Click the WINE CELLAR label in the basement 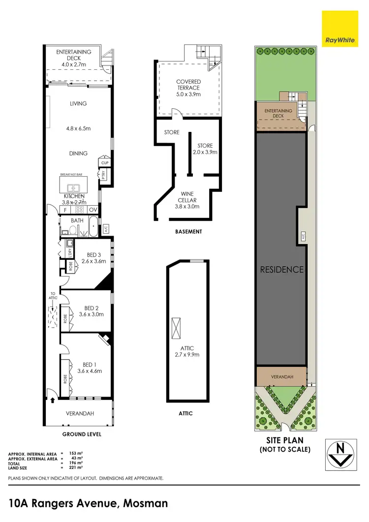click(187, 200)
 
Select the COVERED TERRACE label click(188, 88)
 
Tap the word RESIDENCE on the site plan click(281, 270)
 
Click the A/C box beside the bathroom click(106, 229)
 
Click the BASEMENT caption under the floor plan click(188, 231)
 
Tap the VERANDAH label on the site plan click(281, 377)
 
